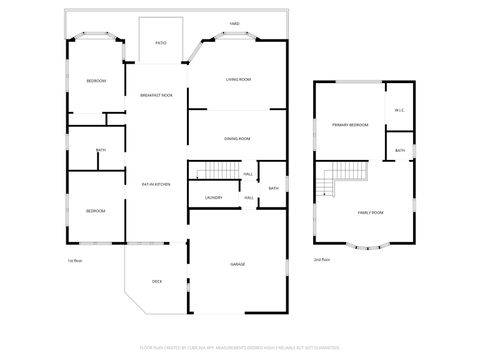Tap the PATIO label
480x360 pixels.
coord(161,43)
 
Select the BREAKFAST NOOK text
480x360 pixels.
coord(156,94)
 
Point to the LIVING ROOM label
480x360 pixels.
coord(237,78)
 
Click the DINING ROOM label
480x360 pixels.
coord(237,139)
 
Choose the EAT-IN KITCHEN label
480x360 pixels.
coord(156,184)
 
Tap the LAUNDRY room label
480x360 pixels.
coord(213,197)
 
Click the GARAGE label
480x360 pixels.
coord(238,264)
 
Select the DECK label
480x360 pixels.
coord(157,281)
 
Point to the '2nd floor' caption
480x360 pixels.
coord(322,260)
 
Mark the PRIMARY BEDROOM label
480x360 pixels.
coord(350,125)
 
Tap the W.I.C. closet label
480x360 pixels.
coord(399,110)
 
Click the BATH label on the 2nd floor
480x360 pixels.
coord(399,151)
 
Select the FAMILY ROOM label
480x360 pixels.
coord(371,213)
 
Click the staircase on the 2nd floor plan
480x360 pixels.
coord(329,184)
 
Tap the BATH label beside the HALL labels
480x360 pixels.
coord(273,188)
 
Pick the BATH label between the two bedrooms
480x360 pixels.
coord(101,151)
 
